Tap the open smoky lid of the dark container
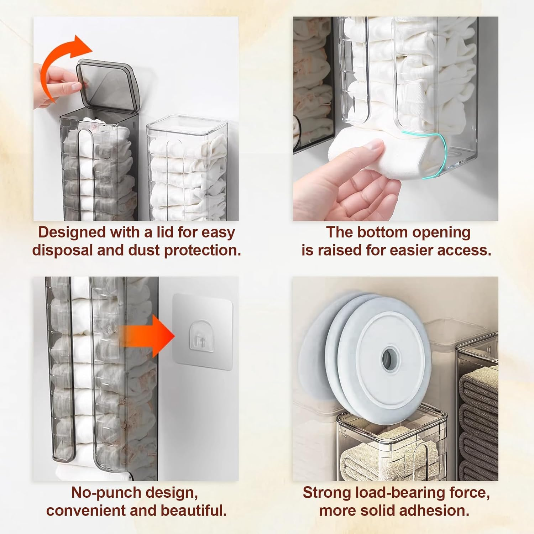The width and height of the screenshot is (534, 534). [107, 84]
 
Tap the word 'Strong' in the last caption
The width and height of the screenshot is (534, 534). [326, 493]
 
